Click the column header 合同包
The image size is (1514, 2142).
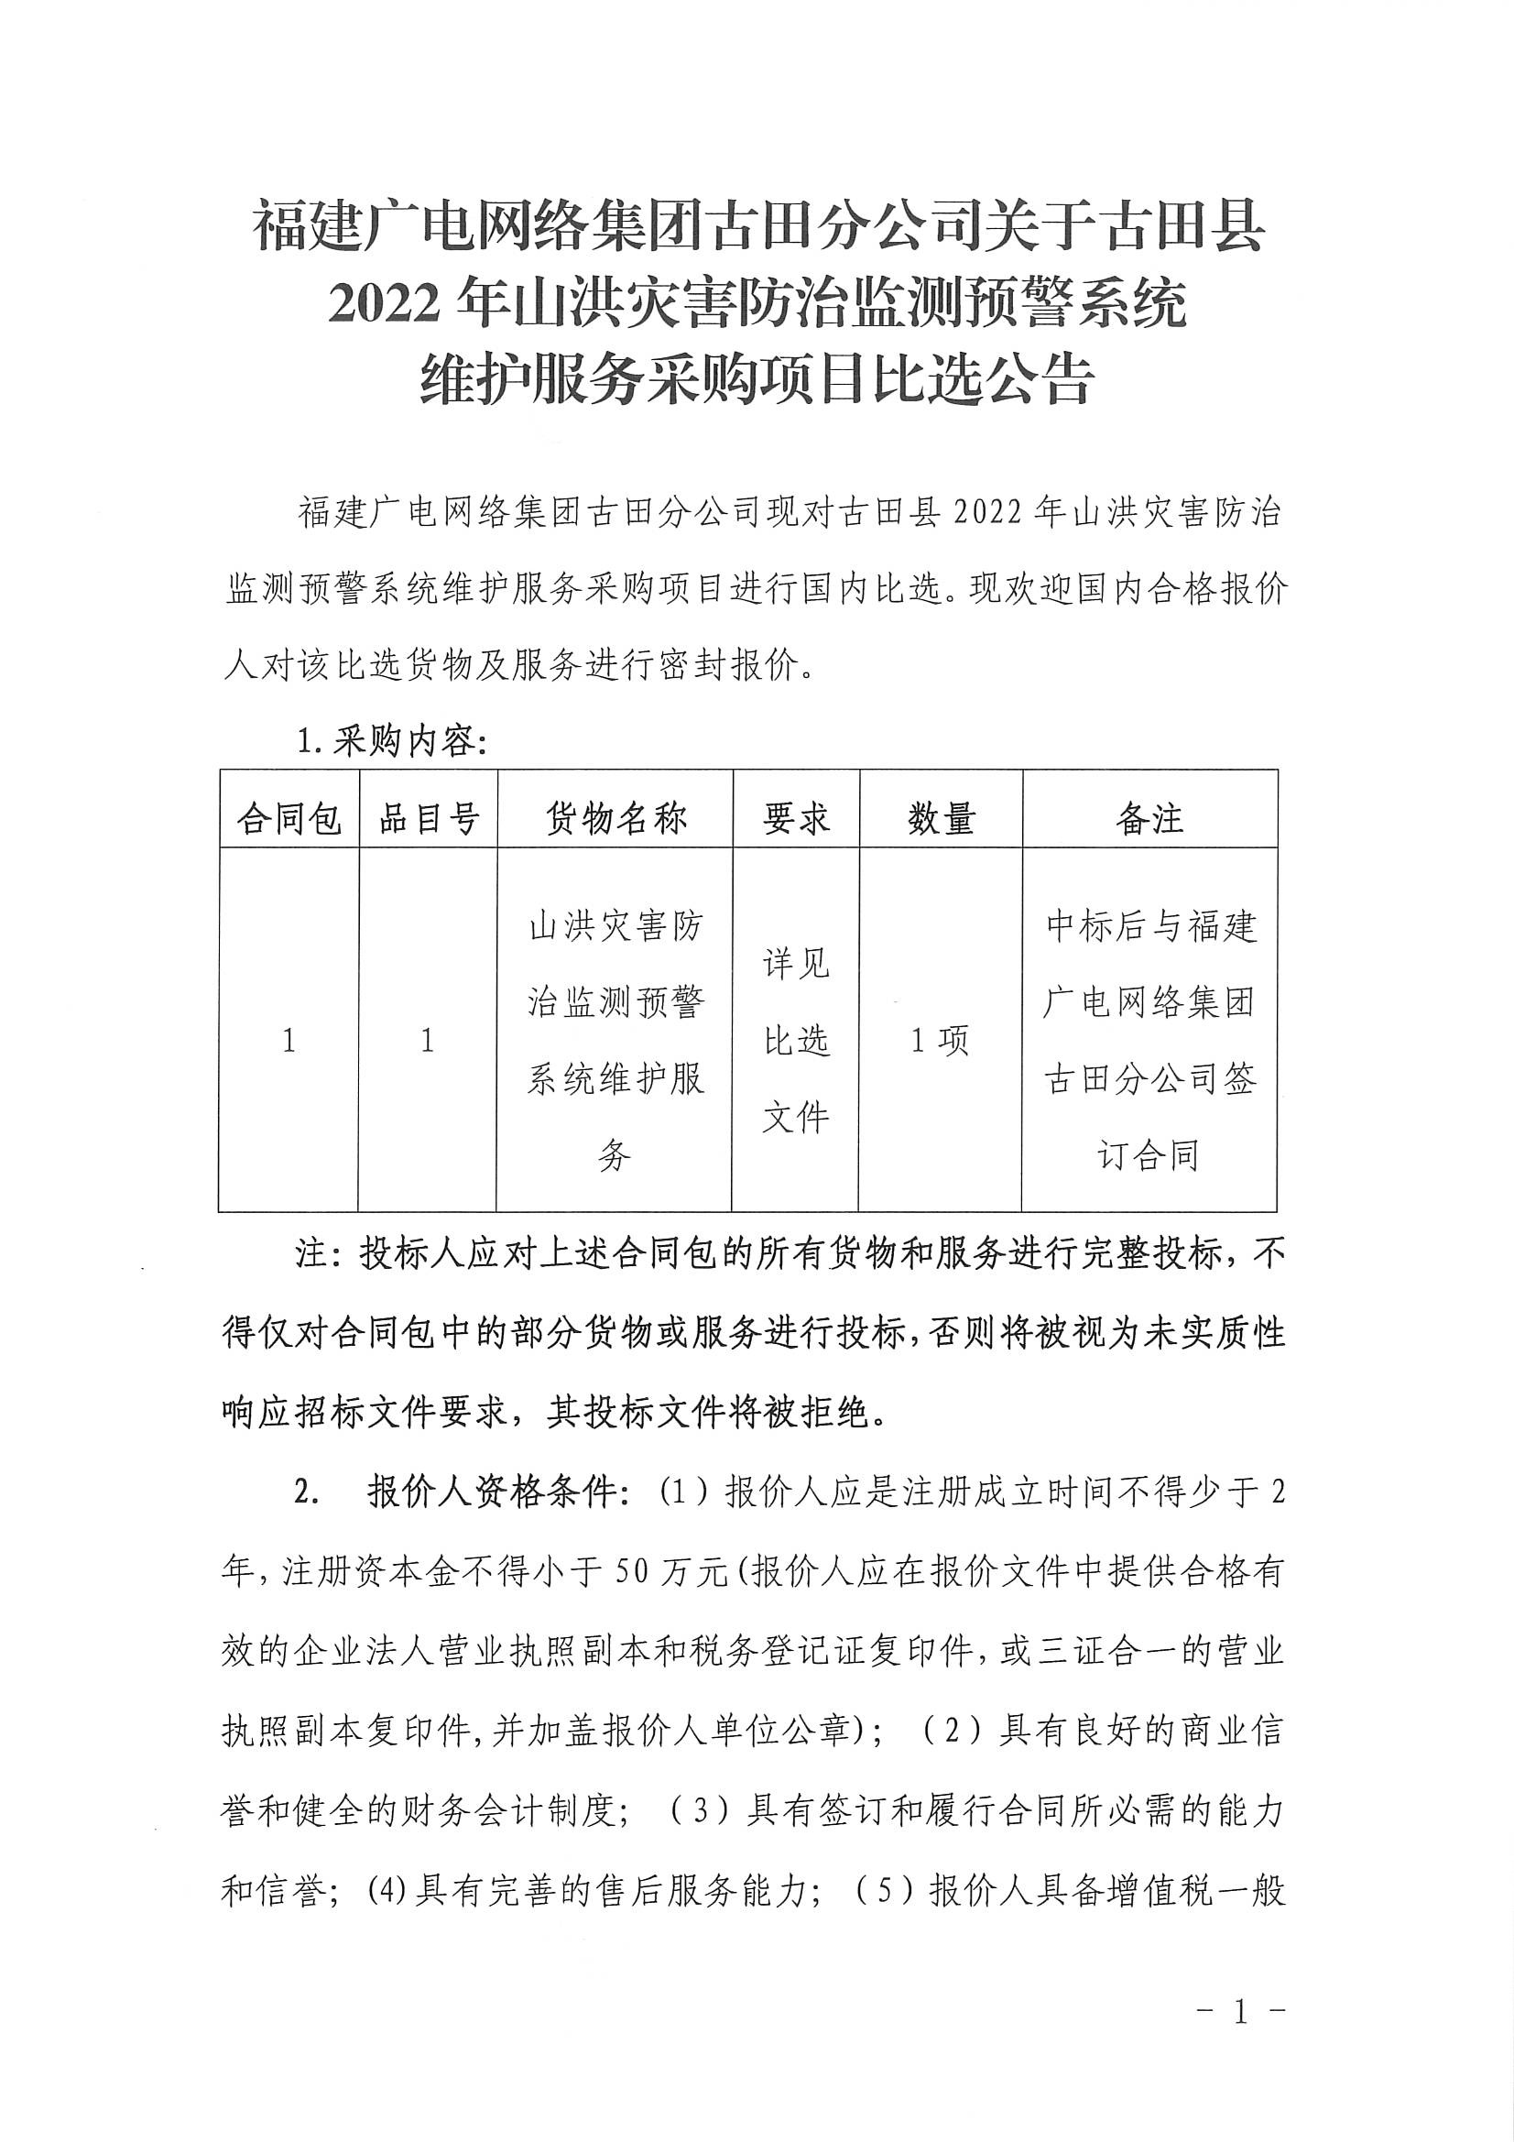(x=289, y=819)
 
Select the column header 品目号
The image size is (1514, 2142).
(x=428, y=819)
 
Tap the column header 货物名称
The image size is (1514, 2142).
(x=615, y=819)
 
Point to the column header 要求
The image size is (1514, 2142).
(x=796, y=819)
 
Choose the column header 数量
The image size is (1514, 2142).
(x=941, y=819)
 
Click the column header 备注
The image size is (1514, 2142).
(x=1149, y=819)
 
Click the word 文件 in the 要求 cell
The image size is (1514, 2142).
(x=796, y=1118)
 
